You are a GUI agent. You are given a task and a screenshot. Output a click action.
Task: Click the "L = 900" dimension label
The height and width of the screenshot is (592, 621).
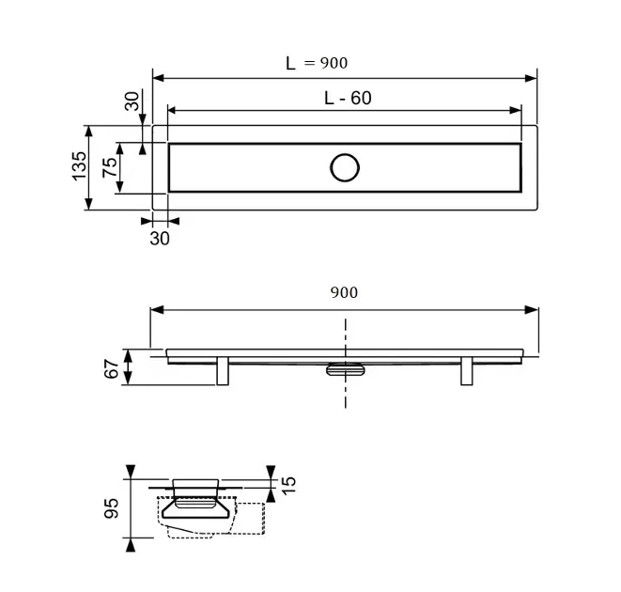point(317,63)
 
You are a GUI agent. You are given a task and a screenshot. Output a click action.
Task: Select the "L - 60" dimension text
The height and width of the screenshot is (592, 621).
point(348,98)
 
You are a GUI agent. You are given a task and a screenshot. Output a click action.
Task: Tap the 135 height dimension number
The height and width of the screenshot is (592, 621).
point(79,166)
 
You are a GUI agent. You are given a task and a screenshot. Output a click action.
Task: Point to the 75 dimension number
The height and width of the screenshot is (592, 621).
point(110,167)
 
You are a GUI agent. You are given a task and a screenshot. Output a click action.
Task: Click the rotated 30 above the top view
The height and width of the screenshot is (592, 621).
point(132,101)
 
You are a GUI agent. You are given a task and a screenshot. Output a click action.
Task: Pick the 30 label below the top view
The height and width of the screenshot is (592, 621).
point(160,239)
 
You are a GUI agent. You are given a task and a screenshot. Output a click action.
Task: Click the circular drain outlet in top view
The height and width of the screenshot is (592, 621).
point(345,167)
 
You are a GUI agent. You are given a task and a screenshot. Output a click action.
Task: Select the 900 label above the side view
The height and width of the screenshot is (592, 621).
point(344,292)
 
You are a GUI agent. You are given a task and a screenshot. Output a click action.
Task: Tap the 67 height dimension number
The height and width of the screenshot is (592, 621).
point(111,368)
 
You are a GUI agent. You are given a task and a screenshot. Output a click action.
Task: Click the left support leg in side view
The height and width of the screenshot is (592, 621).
point(223,371)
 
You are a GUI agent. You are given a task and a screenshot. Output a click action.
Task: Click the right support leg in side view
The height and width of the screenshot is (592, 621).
point(467,371)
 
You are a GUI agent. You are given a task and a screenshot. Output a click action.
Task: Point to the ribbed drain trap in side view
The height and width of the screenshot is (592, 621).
point(346,369)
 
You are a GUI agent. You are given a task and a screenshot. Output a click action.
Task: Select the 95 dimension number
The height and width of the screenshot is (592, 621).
point(111,508)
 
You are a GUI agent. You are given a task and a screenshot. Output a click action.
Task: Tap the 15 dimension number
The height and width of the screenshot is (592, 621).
point(288,485)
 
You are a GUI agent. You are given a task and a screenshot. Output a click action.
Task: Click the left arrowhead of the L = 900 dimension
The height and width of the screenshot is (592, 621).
point(159,78)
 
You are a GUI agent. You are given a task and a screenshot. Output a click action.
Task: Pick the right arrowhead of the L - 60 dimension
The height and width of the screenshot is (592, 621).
point(516,110)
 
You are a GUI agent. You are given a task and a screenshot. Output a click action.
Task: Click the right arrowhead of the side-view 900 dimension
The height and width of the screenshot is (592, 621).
point(532,310)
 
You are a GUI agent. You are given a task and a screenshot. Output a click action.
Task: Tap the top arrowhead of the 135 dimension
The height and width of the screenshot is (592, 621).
point(88,132)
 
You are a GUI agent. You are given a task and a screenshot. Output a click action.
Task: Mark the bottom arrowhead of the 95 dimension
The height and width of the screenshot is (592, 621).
point(131,545)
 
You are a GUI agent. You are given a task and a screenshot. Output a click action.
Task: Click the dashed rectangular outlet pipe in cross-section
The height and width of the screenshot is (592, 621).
point(251,519)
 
